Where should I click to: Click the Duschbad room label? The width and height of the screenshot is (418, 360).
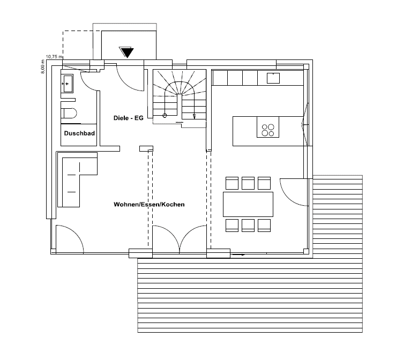tap(79, 133)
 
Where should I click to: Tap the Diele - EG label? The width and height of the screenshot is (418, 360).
tap(129, 118)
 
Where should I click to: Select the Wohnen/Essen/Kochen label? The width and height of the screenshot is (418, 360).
tap(149, 205)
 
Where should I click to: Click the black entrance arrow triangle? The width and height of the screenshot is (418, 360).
tap(126, 52)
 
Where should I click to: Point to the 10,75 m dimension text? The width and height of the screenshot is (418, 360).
tap(54, 56)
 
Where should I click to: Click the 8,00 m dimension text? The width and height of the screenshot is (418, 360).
tap(43, 66)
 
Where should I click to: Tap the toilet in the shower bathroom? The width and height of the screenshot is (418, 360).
tap(69, 113)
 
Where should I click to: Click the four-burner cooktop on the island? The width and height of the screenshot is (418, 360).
tap(268, 130)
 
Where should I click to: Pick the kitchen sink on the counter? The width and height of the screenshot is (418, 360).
tap(273, 78)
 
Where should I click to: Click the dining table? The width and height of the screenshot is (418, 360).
tap(248, 204)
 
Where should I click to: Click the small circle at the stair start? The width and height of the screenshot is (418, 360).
tap(165, 116)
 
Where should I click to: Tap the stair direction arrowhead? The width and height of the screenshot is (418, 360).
tap(195, 116)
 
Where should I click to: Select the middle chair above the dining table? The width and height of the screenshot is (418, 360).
tap(248, 183)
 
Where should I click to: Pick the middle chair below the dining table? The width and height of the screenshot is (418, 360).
tap(248, 226)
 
